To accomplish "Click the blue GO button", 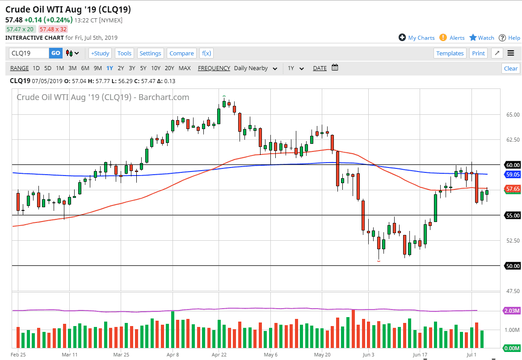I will [x=55, y=53].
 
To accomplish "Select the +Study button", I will [x=100, y=53].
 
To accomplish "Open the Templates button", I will [x=450, y=53].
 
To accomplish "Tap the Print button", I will [x=478, y=53].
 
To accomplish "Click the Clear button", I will [x=511, y=68].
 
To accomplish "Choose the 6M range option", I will [x=85, y=68].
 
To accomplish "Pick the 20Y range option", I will [x=169, y=68].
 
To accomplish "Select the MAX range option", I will [x=185, y=68].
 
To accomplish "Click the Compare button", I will [x=181, y=53].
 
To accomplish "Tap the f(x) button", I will [x=206, y=53].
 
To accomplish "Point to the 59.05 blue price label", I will [x=512, y=174].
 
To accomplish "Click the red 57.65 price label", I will [x=512, y=189].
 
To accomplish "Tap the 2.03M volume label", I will [x=512, y=310].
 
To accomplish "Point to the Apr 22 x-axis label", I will [x=219, y=355].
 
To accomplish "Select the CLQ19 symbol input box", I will [x=29, y=53].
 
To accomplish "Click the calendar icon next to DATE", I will [x=335, y=68].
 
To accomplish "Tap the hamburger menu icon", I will [x=511, y=53].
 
